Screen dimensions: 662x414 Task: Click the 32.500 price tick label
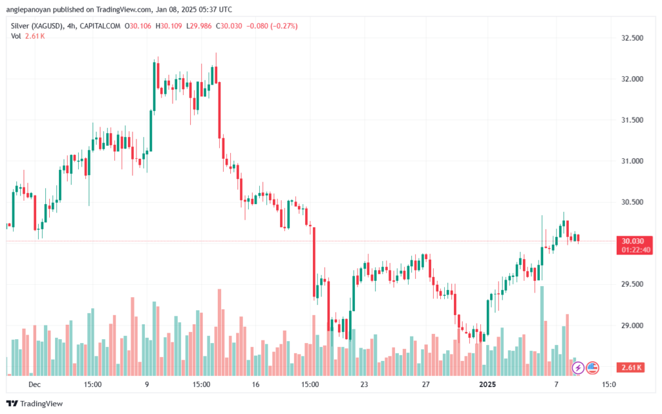[x=632, y=38]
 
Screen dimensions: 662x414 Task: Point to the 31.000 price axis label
[x=632, y=161]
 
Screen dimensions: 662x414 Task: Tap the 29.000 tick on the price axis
[x=632, y=326]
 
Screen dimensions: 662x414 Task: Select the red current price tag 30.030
[x=633, y=241]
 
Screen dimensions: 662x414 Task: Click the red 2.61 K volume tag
[x=631, y=367]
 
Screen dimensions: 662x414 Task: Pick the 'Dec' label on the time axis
[x=34, y=384]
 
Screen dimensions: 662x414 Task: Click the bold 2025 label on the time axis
[x=487, y=384]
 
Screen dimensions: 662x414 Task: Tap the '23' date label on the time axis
[x=364, y=384]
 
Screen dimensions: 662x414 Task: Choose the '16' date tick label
[x=255, y=384]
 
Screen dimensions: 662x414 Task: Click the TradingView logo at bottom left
[x=35, y=404]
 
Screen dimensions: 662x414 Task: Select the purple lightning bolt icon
[x=578, y=368]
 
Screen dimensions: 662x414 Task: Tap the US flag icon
[x=592, y=368]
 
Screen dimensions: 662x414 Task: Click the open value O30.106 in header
[x=138, y=26]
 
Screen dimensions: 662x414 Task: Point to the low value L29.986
[x=199, y=26]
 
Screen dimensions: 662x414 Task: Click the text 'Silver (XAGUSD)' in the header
[x=37, y=26]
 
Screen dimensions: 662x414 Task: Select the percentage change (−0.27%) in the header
[x=284, y=26]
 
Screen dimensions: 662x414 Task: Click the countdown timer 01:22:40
[x=636, y=250]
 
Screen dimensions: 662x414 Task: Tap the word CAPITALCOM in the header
[x=100, y=26]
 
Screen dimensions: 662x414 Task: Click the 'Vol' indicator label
[x=16, y=36]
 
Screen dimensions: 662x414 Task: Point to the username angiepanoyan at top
[x=28, y=9]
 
